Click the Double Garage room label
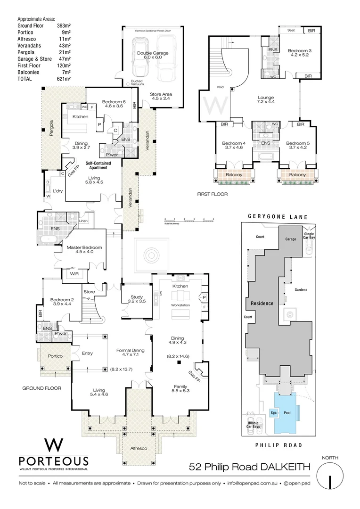click(x=150, y=53)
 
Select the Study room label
click(x=137, y=297)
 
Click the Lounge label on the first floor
click(x=266, y=98)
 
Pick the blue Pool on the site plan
click(x=287, y=412)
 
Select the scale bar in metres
click(x=189, y=220)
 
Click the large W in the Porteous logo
click(x=53, y=445)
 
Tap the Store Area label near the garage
click(x=161, y=94)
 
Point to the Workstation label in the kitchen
click(x=180, y=305)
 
